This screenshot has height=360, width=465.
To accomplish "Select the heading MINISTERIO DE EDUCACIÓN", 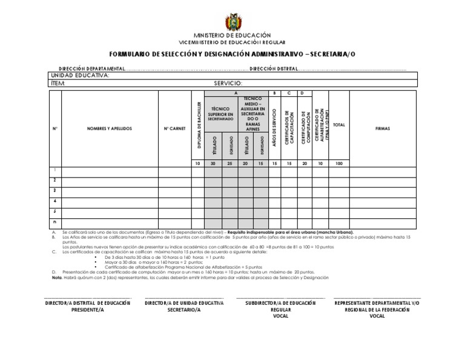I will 232,36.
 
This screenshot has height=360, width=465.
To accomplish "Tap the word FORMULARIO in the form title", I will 131,53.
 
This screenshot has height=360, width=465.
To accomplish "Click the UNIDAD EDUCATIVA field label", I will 80,75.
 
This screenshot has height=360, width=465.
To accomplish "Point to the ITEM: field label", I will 59,83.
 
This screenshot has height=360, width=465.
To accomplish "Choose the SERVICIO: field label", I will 228,83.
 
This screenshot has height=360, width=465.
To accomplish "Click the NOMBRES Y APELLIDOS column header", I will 110,128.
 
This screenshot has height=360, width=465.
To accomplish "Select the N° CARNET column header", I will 174,128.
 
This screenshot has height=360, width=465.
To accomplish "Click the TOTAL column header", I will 338,125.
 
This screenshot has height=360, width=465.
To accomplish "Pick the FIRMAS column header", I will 383,128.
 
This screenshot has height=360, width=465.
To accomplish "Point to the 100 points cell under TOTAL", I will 338,164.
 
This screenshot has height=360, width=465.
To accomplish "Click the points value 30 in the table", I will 213,164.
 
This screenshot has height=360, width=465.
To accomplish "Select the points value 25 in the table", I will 229,164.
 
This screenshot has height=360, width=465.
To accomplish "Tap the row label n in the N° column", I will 54,223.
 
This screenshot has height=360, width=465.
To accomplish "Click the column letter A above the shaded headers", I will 236,93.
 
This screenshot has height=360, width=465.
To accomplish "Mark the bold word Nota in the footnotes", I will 57,278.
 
